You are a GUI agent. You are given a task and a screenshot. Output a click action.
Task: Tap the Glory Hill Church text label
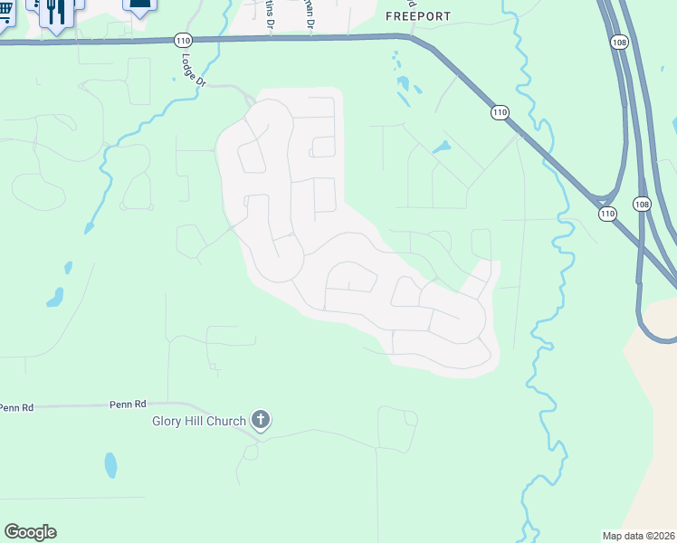pos(199,421)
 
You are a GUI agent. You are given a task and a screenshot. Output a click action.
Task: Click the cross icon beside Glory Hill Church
pos(261,419)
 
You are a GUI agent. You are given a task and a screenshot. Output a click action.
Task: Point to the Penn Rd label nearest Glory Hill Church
pos(128,405)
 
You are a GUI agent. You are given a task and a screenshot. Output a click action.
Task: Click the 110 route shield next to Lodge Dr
pos(182,40)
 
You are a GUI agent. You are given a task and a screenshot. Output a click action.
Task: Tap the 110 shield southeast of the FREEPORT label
pos(500,111)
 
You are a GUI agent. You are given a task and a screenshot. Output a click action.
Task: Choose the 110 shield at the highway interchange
pos(606,214)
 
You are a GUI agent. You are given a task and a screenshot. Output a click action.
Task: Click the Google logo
pos(30,532)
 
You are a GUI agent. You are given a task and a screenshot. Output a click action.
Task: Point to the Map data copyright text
pos(638,535)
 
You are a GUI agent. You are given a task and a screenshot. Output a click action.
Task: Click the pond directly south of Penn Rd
pos(110,465)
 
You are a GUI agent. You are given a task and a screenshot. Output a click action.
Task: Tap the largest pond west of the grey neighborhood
pos(56,296)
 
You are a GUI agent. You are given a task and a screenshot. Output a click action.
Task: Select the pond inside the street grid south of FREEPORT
pos(441,147)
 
